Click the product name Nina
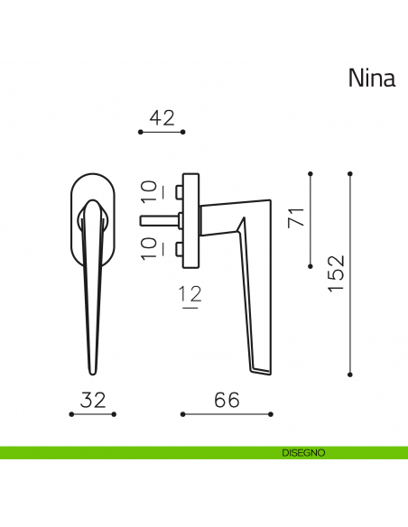coord(371,79)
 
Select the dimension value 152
coord(335,273)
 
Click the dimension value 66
coord(227,399)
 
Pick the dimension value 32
coord(94,399)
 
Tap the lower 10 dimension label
coord(150,247)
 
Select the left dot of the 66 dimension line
coord(182,414)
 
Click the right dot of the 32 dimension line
coord(116,414)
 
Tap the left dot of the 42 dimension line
coord(141,132)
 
